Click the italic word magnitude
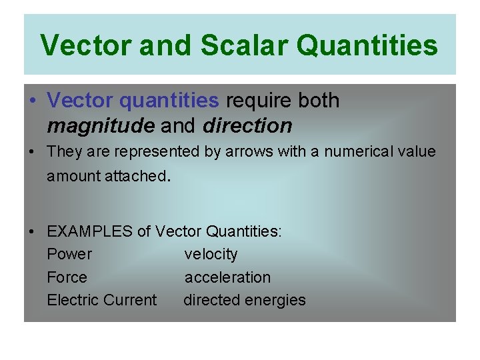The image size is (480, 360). [99, 125]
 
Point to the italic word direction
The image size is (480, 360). [247, 125]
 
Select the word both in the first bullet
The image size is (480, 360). [318, 101]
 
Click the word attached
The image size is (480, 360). [140, 176]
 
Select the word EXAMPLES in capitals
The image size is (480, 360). [90, 232]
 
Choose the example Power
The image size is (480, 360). [69, 255]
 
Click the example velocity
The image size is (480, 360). [211, 255]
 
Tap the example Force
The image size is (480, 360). [67, 277]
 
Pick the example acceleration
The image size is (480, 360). [227, 277]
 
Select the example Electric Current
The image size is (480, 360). [101, 300]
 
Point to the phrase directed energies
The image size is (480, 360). [244, 300]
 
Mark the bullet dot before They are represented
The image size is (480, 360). [32, 153]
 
